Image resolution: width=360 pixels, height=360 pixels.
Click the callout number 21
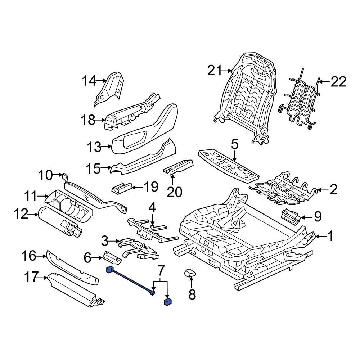(215, 71)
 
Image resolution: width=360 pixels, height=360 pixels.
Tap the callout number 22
(338, 82)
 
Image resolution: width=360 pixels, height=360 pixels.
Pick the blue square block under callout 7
(167, 302)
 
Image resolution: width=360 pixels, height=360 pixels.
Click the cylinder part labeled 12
(59, 220)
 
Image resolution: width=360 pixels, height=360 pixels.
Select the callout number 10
(45, 175)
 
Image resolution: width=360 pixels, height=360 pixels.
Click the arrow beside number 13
(107, 146)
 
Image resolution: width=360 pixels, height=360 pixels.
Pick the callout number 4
(152, 207)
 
